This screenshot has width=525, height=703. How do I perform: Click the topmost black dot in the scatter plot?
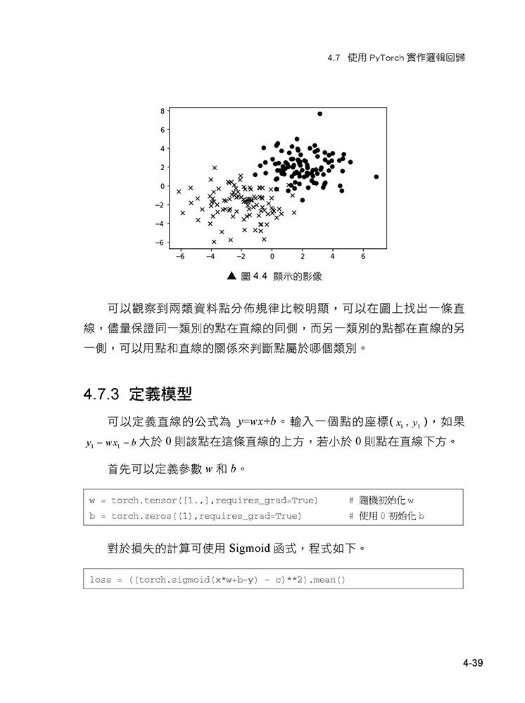(x=320, y=113)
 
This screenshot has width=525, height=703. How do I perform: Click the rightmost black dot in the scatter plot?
(x=377, y=176)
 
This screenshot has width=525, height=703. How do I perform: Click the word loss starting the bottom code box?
(x=101, y=580)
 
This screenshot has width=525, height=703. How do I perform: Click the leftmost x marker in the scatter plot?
(x=179, y=191)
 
